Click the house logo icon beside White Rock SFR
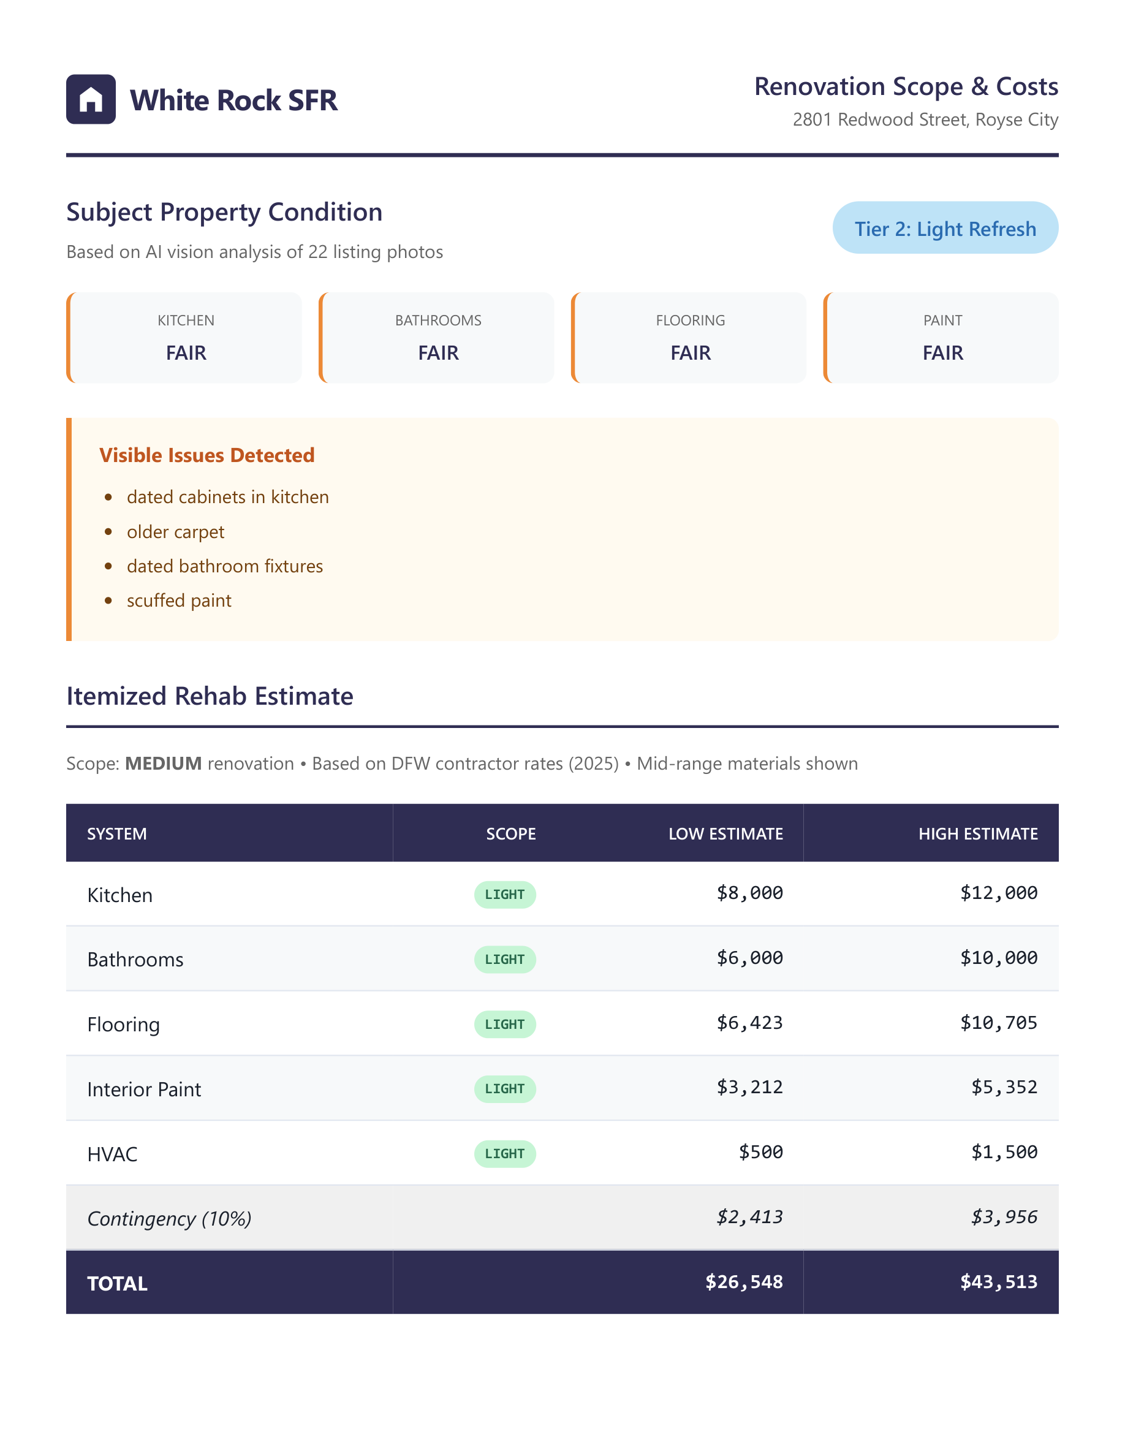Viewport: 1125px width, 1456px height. point(91,99)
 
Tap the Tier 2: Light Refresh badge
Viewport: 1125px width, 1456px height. point(944,228)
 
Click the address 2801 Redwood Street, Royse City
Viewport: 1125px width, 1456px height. point(925,119)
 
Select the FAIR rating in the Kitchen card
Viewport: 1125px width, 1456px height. point(186,353)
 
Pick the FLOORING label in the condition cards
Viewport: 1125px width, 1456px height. point(690,320)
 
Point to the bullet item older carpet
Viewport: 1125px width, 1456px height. point(175,532)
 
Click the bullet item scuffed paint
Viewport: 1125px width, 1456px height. point(178,601)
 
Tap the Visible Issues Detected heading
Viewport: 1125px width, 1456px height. point(206,455)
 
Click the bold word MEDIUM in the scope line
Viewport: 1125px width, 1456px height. point(163,764)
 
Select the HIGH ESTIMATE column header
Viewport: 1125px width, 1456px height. point(977,834)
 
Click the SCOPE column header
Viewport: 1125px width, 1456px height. point(510,834)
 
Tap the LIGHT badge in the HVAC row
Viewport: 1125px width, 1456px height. point(504,1153)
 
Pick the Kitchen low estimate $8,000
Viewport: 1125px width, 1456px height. point(749,893)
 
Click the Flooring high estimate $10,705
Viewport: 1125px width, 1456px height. point(998,1023)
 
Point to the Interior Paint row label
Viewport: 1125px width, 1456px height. point(144,1090)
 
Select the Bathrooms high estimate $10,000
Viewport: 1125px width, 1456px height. point(998,958)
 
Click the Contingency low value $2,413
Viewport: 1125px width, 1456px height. point(749,1218)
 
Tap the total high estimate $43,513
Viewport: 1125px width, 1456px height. point(998,1282)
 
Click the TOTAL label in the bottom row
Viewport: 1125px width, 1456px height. point(117,1283)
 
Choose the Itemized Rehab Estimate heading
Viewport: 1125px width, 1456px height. point(210,696)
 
